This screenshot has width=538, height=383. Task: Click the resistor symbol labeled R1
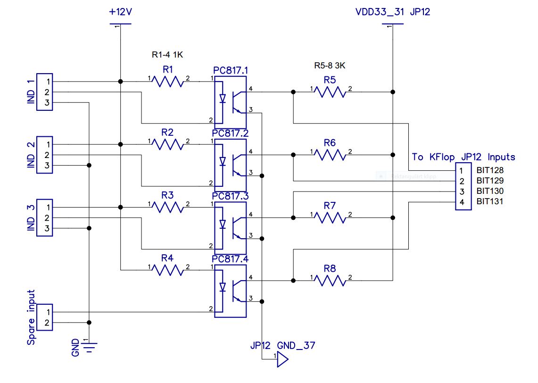[x=167, y=82]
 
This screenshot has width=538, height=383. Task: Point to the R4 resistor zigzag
[x=167, y=270]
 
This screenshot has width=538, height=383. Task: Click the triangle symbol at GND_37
[x=282, y=360]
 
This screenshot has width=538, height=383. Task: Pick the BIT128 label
[x=490, y=170]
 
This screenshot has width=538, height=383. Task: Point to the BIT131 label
[x=490, y=202]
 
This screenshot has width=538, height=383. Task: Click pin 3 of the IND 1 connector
[x=45, y=103]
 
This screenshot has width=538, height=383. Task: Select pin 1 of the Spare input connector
[x=45, y=312]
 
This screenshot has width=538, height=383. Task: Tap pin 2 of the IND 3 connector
[x=45, y=217]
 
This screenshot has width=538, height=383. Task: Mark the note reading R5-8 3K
[x=330, y=66]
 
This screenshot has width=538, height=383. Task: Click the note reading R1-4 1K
[x=167, y=55]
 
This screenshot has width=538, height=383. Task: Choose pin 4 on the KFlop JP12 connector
[x=462, y=202]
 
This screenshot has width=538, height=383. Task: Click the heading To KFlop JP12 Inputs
[x=464, y=157]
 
